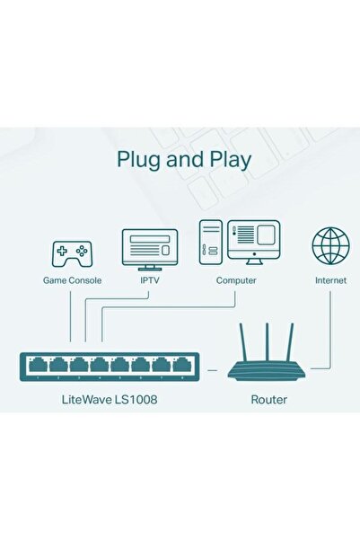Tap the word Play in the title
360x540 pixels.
[x=228, y=160]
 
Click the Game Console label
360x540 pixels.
[x=72, y=280]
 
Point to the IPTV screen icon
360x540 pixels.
[x=149, y=247]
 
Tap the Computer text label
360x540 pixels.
[x=236, y=280]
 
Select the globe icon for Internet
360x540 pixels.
[x=330, y=247]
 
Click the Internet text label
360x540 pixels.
[x=330, y=280]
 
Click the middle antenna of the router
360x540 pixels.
[x=268, y=337]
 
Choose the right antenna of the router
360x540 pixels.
[x=291, y=340]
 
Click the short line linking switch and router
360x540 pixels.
[x=213, y=368]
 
